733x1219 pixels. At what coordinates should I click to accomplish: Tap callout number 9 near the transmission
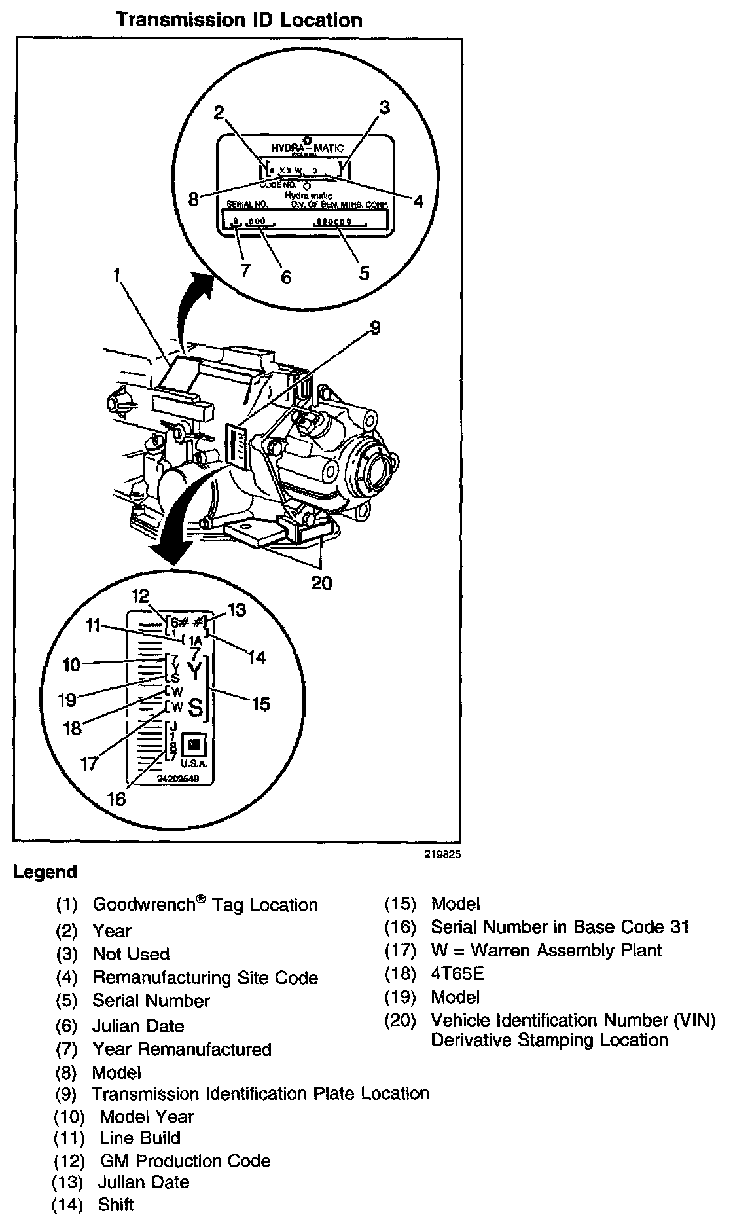tap(374, 328)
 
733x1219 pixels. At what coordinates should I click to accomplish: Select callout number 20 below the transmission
tap(321, 582)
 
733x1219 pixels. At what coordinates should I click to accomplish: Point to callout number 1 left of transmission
tap(118, 277)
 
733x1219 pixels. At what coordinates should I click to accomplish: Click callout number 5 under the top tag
tap(364, 272)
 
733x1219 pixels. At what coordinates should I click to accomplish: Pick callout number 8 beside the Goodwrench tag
tap(193, 199)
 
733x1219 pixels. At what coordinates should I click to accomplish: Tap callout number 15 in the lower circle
tap(260, 704)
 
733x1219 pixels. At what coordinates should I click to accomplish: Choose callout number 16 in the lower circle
tap(116, 799)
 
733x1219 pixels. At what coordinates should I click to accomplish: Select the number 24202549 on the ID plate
tap(178, 779)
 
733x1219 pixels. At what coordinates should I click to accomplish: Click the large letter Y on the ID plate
tap(194, 670)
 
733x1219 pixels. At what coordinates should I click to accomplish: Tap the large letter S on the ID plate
tap(195, 707)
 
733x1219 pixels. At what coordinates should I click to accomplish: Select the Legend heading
tap(45, 872)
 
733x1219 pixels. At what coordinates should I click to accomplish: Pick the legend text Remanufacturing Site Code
tap(206, 977)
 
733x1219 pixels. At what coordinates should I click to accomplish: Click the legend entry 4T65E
tap(457, 973)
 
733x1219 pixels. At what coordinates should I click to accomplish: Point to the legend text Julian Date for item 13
tap(143, 1182)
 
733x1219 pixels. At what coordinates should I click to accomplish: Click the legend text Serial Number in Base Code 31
tap(560, 927)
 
